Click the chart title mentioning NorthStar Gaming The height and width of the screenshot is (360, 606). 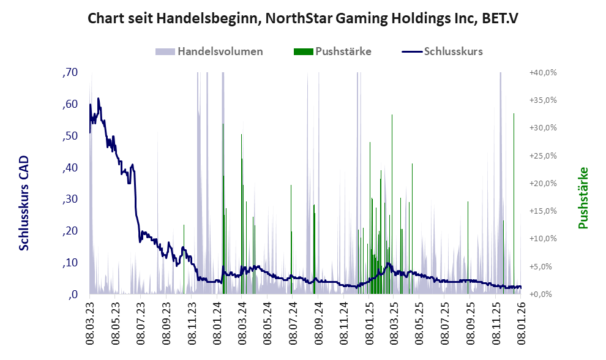(303, 18)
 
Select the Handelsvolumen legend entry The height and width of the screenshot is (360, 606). (220, 51)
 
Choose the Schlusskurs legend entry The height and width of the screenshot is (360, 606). (453, 51)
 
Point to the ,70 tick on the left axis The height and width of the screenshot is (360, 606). (70, 73)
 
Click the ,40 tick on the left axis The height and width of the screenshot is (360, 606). (70, 168)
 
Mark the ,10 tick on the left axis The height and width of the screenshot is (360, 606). (70, 263)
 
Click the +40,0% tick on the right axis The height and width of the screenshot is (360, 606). (543, 73)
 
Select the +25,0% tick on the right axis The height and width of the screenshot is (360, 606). (543, 156)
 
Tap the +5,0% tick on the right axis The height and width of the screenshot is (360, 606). (543, 267)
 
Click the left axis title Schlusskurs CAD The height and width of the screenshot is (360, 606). (24, 203)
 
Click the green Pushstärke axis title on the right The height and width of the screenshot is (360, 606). (583, 198)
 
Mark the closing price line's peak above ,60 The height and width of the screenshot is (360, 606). (98, 98)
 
